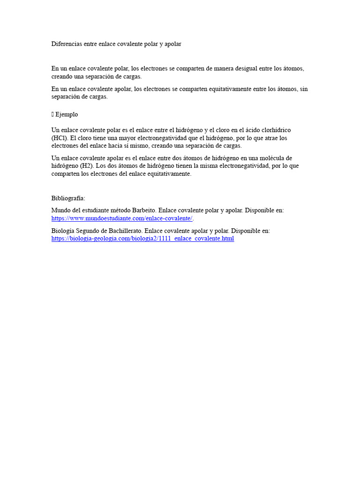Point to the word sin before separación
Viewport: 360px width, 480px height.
click(x=304, y=89)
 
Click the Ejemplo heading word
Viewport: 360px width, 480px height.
click(x=67, y=114)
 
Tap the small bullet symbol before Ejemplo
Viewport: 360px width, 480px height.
click(x=52, y=114)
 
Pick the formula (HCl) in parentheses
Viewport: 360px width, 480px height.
click(x=59, y=138)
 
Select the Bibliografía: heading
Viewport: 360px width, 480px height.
click(x=68, y=198)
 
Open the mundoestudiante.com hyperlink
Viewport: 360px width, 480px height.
click(x=122, y=218)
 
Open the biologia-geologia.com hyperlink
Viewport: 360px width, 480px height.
click(x=142, y=239)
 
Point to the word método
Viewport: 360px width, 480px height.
click(x=116, y=210)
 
